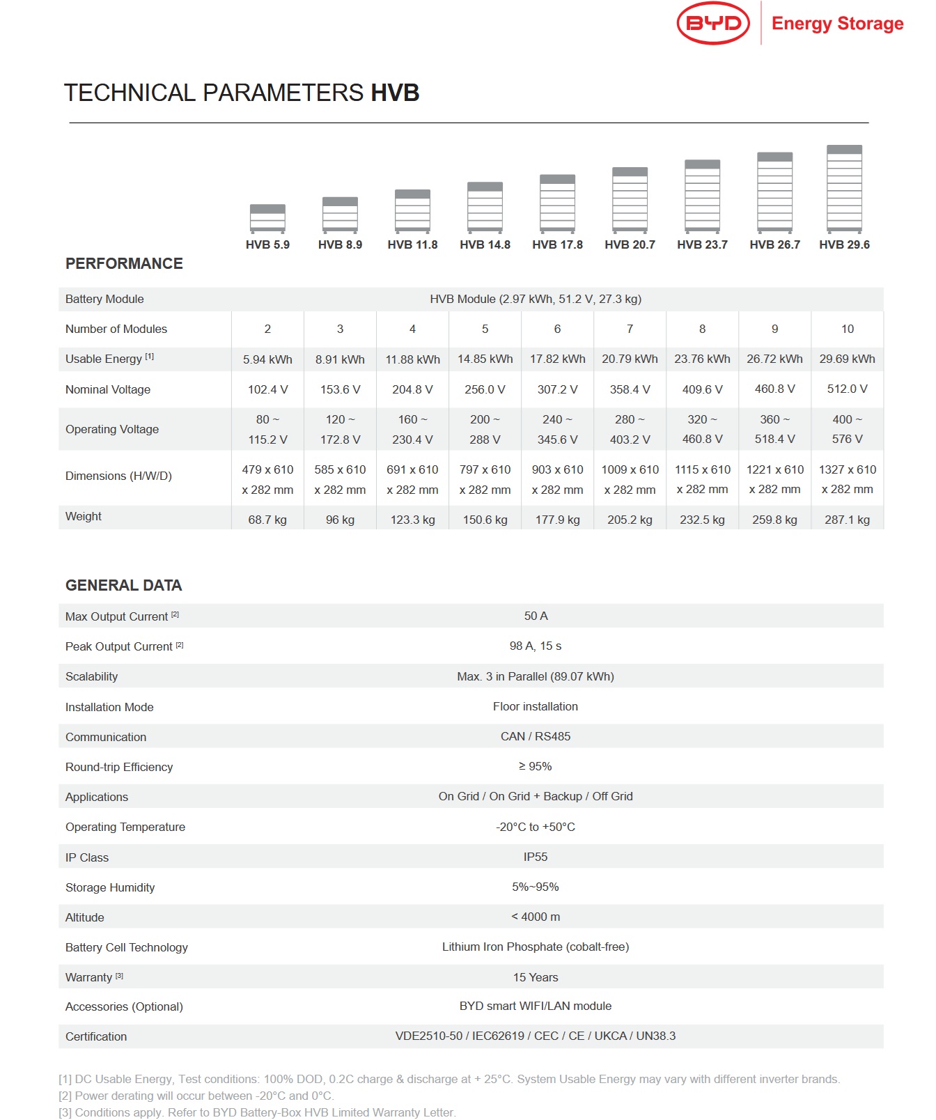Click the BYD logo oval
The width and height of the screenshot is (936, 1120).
tap(713, 24)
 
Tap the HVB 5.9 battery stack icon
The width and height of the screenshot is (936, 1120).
tap(267, 218)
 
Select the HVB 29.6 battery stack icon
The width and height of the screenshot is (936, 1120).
tap(844, 189)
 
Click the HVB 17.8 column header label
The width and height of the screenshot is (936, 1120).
tap(557, 244)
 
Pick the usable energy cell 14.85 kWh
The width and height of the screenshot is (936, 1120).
tap(485, 359)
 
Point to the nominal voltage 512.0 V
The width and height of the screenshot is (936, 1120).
tap(847, 389)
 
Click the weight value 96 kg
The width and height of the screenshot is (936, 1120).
tap(340, 520)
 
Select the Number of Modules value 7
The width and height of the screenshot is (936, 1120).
tap(630, 329)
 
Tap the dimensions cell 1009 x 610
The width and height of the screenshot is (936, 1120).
tap(630, 470)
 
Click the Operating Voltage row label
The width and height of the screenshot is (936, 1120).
tap(112, 429)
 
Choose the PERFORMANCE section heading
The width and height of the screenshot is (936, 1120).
tap(124, 264)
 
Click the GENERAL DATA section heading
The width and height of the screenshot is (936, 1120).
tap(123, 586)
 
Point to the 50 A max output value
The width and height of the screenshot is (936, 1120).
tap(536, 616)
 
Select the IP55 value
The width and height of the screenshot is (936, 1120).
tap(536, 857)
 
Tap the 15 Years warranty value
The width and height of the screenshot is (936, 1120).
tap(536, 978)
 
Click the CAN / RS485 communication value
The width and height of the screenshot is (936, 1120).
tap(536, 737)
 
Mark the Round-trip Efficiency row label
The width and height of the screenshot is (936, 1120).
tap(119, 767)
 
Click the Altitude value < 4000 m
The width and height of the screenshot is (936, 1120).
tap(536, 917)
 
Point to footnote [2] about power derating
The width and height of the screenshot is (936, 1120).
tap(196, 1096)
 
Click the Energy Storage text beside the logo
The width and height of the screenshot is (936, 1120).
tap(837, 24)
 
